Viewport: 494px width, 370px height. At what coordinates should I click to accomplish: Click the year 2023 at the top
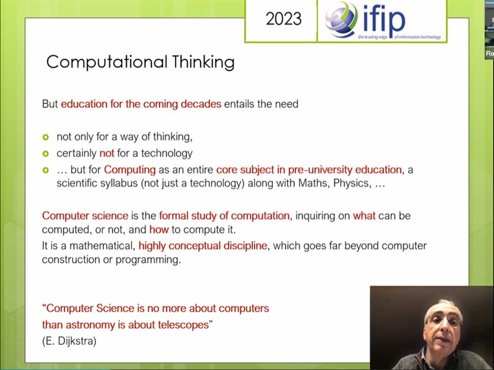tap(284, 19)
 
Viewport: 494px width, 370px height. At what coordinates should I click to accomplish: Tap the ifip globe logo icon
tap(342, 20)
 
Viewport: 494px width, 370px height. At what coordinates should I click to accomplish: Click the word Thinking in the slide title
tap(204, 62)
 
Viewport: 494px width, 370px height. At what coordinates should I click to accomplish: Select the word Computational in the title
tap(107, 62)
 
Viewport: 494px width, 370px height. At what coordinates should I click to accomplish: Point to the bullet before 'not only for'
tap(46, 137)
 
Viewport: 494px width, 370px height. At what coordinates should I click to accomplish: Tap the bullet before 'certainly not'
tap(46, 154)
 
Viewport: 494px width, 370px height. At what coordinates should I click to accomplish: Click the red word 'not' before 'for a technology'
tap(107, 153)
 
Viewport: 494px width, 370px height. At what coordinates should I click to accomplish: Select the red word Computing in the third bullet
tap(130, 170)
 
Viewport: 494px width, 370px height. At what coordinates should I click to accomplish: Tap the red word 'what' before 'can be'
tap(364, 216)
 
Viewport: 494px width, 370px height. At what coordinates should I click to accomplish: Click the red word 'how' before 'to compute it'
tap(159, 230)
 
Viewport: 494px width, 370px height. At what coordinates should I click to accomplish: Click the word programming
tap(148, 260)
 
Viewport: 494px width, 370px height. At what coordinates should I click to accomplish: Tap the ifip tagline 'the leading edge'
tap(373, 37)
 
